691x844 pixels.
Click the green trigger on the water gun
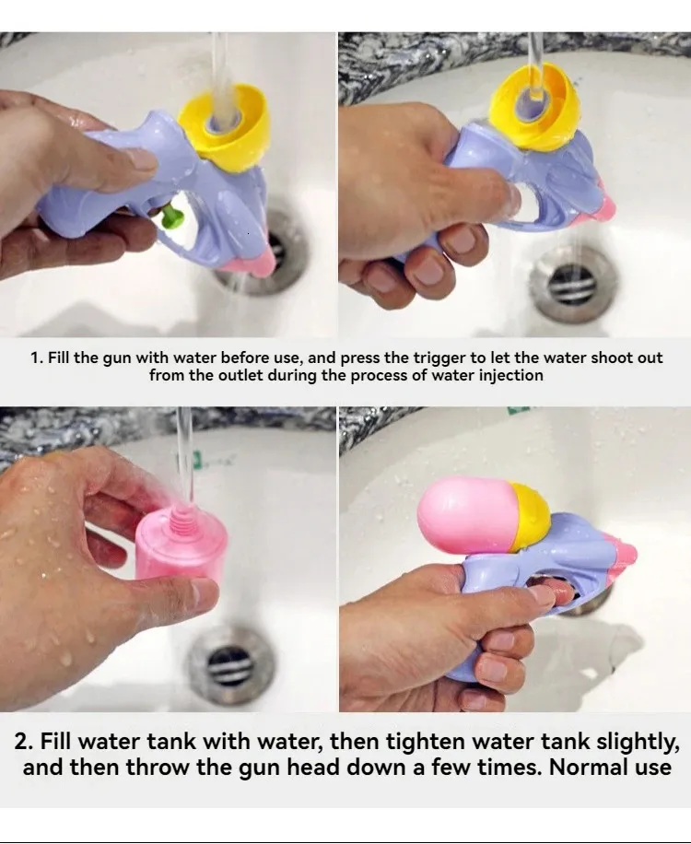(x=171, y=215)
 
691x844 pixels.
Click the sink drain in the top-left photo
(x=264, y=254)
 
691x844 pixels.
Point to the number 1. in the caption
(x=36, y=358)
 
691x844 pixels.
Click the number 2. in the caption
(x=24, y=743)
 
